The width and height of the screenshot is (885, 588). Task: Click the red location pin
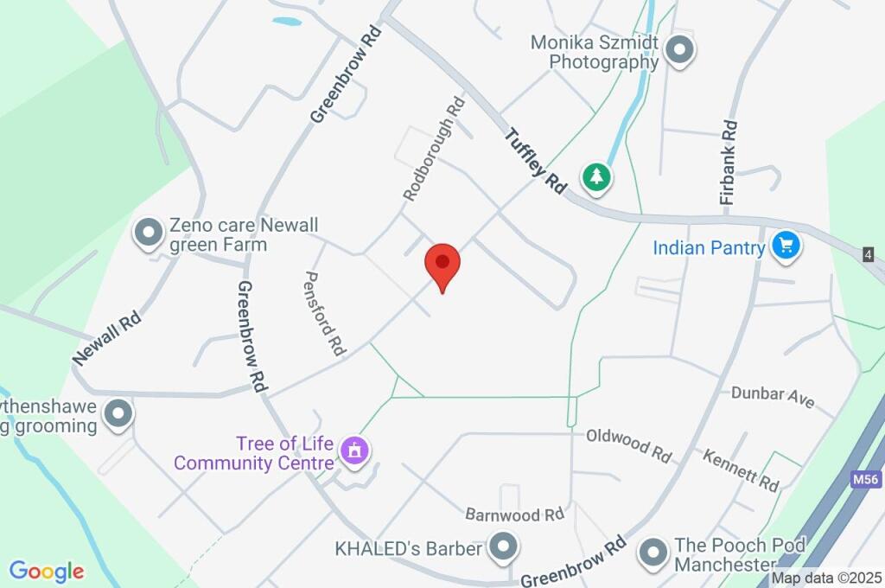click(442, 265)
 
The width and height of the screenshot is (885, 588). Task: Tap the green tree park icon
click(596, 177)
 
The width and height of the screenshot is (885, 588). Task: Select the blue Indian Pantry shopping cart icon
click(786, 246)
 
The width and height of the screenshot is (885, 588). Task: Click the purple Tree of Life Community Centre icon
click(354, 451)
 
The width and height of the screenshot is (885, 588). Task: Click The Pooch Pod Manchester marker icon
click(654, 550)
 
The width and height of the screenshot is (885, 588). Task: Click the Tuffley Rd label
click(536, 161)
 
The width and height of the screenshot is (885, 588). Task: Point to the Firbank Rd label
click(729, 162)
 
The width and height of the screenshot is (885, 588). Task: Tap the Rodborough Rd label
click(433, 149)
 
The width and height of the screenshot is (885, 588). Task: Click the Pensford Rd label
click(324, 313)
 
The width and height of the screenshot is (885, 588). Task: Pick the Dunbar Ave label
click(773, 397)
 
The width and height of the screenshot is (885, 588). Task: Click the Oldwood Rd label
click(628, 444)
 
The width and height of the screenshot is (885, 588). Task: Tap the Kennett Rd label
click(740, 470)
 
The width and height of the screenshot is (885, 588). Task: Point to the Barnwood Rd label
click(514, 515)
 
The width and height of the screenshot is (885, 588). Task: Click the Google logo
click(47, 572)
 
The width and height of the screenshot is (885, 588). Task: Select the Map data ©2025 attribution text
click(827, 578)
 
